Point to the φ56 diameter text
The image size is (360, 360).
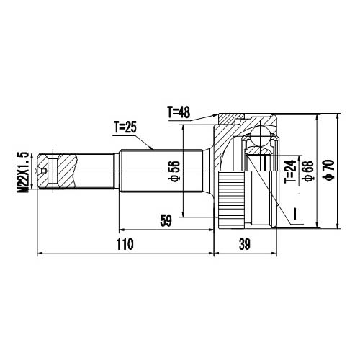[x=173, y=172]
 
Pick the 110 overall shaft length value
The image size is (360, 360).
[x=125, y=244]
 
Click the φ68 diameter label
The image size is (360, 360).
[x=308, y=170]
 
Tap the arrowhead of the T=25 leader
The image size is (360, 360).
[x=153, y=148]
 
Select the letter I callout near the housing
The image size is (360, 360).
[x=294, y=212]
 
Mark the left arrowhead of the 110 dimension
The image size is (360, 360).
[x=39, y=253]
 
